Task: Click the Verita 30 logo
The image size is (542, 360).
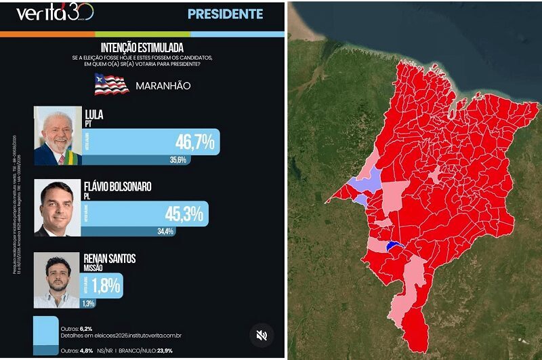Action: [x=54, y=13]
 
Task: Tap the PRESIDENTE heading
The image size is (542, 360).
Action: [x=224, y=14]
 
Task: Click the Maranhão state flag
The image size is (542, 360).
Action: [x=111, y=85]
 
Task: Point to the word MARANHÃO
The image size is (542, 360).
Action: [x=163, y=86]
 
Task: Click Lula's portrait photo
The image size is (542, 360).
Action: [x=57, y=136]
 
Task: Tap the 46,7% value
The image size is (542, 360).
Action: [x=194, y=142]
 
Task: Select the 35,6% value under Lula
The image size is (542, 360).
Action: [x=178, y=160]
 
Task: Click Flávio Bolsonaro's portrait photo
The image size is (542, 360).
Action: [x=57, y=207]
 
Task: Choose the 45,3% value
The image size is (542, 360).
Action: [x=184, y=214]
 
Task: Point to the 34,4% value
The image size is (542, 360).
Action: [x=165, y=231]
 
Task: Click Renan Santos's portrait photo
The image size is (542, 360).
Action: [x=57, y=279]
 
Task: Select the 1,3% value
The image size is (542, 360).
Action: [x=88, y=303]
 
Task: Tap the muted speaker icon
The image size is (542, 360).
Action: [x=262, y=334]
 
